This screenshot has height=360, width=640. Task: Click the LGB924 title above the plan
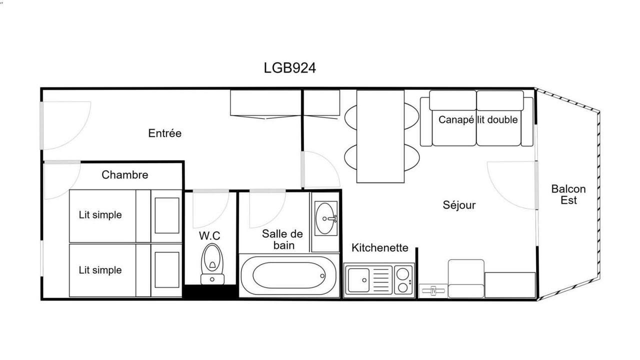pos(289,68)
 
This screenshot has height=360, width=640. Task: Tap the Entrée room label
pos(165,133)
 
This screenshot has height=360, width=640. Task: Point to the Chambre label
pos(125,174)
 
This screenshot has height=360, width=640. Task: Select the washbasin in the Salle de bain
pos(325,218)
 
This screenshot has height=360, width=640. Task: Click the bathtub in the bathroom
pos(288,275)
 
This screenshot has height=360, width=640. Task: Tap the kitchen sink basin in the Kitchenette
pos(359,280)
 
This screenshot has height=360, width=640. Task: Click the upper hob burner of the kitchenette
pos(403,273)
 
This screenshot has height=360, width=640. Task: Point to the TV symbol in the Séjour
pos(433,290)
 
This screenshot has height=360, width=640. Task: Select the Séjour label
pos(459,205)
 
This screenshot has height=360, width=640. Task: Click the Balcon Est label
pos(568,194)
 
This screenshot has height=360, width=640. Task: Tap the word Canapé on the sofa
pos(456,119)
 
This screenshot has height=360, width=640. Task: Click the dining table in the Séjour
pos(380,136)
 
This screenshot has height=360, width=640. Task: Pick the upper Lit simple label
pos(100,214)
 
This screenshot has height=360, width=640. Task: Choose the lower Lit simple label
pos(100,269)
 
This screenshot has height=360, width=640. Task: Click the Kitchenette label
pos(379,247)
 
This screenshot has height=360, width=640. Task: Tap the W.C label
pos(209,235)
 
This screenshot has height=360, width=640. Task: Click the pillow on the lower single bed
pos(167,270)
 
